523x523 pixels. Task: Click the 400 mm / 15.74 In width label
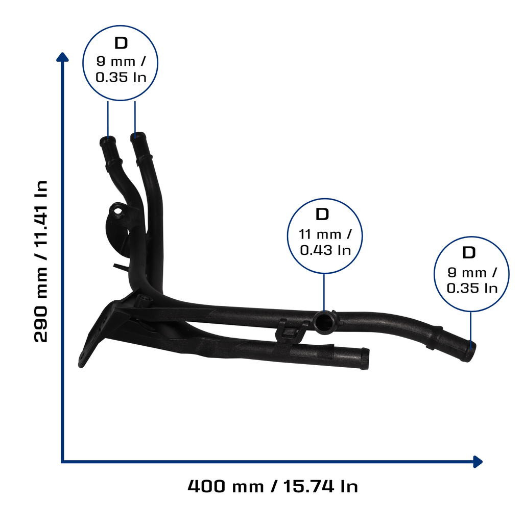[x=273, y=486]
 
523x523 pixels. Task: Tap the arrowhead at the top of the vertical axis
[x=62, y=57]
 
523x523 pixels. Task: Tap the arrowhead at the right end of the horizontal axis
[x=478, y=462]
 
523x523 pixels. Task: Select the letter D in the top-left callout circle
[x=121, y=43]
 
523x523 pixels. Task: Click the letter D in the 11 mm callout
[x=322, y=214]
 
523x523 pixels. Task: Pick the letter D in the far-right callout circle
[x=469, y=252]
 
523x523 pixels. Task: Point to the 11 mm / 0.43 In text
[x=325, y=242]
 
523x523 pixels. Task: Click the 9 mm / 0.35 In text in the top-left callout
[x=121, y=69]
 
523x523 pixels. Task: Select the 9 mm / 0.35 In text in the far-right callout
[x=472, y=280]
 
